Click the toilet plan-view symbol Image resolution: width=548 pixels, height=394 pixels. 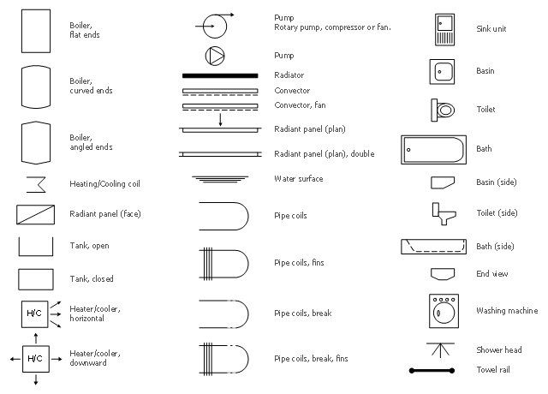(x=443, y=110)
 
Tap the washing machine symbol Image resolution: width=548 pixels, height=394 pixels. (x=444, y=311)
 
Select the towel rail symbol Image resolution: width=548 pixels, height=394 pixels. (x=432, y=371)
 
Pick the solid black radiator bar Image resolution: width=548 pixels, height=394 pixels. (x=220, y=75)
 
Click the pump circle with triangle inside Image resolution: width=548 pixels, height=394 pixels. (x=215, y=56)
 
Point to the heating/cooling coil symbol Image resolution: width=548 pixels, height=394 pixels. (x=36, y=184)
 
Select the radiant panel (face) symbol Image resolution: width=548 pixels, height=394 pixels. (x=36, y=215)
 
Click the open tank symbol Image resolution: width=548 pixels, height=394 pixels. (x=36, y=255)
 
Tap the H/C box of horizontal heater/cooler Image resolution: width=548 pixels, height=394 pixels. (x=34, y=314)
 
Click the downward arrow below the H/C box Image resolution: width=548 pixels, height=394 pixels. (x=36, y=379)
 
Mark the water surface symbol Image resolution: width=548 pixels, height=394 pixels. (x=220, y=179)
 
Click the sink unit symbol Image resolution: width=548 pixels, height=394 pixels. (x=445, y=30)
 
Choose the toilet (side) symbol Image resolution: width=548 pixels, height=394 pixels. (x=444, y=213)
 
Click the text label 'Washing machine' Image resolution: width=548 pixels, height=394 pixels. (x=507, y=310)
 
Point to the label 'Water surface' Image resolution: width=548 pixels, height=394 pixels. (x=299, y=179)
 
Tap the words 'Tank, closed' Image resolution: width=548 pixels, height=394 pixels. (x=92, y=278)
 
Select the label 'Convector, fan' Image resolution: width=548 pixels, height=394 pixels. (x=300, y=104)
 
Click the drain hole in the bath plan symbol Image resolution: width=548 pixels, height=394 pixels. (x=408, y=150)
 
